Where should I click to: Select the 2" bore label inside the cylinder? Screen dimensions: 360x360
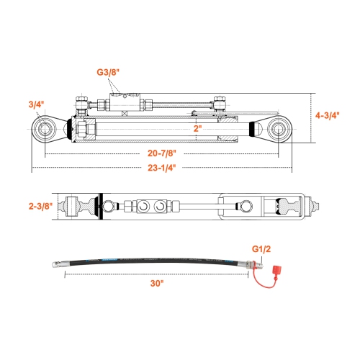tap(197, 127)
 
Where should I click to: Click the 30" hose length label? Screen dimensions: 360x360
tap(158, 283)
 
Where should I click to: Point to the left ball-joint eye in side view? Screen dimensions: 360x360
tap(45, 130)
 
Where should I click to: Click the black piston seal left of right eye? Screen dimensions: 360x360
tap(252, 130)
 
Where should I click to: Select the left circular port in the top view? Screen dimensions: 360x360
tap(141, 207)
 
